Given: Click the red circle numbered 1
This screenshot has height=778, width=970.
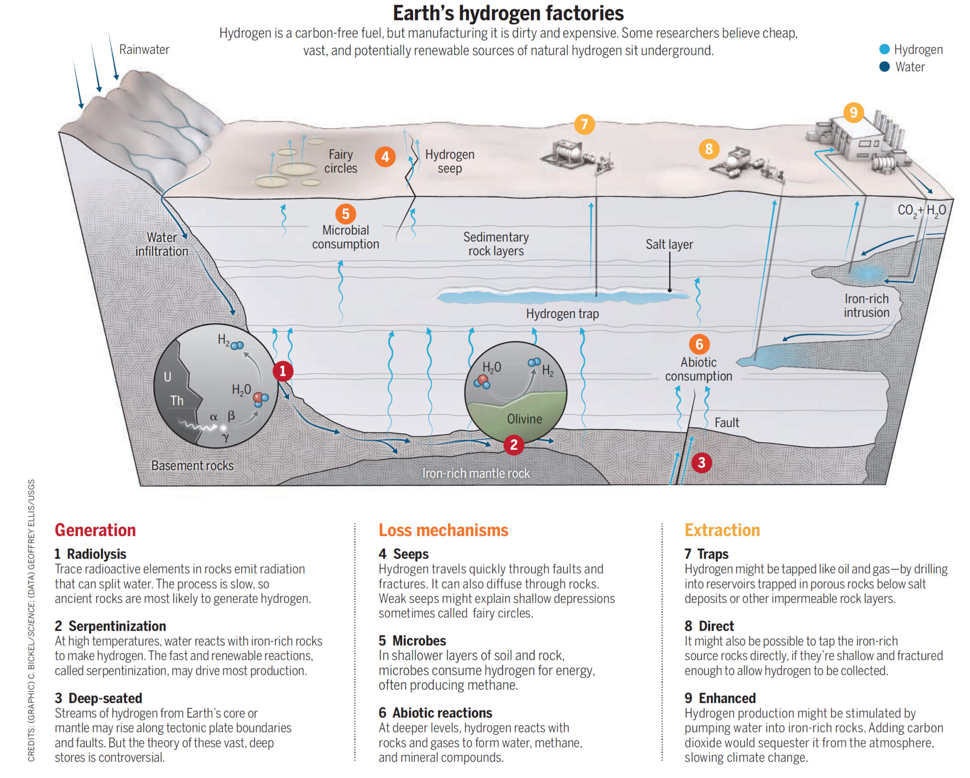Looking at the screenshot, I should click(283, 371).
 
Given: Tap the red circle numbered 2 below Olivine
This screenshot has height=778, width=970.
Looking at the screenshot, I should click(514, 445).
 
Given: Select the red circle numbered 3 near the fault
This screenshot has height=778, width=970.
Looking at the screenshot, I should click(701, 462).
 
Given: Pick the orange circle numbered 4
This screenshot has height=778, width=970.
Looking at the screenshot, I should click(385, 157).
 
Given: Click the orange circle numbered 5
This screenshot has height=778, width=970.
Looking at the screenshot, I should click(345, 214).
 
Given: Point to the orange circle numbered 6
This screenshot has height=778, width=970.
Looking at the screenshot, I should click(699, 344).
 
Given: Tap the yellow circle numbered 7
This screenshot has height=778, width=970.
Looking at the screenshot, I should click(584, 125).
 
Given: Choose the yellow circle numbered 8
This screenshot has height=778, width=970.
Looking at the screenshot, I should click(709, 149).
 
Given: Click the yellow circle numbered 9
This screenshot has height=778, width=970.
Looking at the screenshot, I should click(854, 112).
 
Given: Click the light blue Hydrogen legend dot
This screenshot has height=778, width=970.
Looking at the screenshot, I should click(885, 49).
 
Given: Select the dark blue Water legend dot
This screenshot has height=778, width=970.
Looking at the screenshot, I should click(885, 66).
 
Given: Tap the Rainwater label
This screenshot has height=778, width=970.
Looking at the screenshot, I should click(144, 49).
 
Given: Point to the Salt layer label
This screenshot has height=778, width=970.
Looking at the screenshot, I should click(669, 244).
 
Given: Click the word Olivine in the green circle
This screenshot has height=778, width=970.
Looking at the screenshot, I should click(524, 419).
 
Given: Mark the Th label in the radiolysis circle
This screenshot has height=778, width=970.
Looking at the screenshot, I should click(177, 400).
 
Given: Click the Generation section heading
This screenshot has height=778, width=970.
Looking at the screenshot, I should click(95, 530).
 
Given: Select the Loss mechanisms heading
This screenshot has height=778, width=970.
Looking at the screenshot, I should click(443, 530).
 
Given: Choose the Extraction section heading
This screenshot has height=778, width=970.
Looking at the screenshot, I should click(722, 530).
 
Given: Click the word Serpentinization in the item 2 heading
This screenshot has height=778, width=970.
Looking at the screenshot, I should click(117, 626).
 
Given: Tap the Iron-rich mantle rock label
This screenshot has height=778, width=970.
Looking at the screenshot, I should click(476, 473).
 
